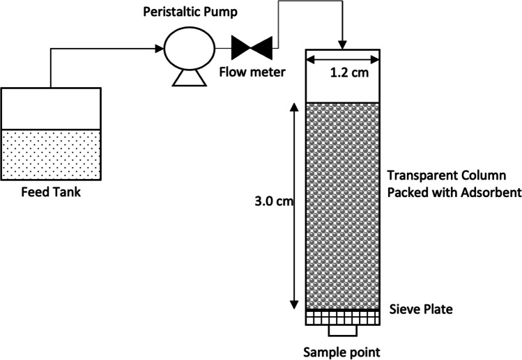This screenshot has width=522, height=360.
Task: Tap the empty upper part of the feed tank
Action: [51, 108]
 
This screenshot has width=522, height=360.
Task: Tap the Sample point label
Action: [343, 350]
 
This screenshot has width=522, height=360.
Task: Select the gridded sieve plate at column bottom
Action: [343, 318]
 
